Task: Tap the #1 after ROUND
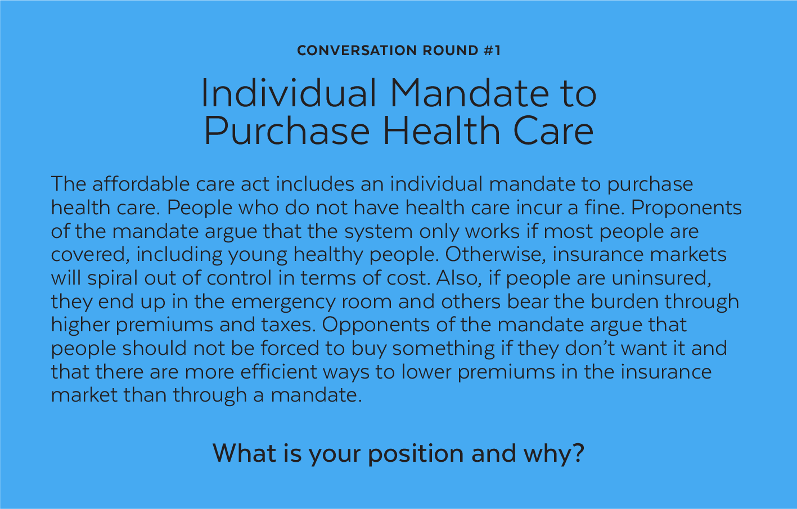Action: [492, 51]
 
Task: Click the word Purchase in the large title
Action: [287, 130]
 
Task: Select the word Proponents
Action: [686, 208]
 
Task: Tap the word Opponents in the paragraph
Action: [376, 325]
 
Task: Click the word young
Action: [258, 255]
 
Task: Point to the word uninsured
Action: [661, 278]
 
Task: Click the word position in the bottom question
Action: [416, 453]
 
